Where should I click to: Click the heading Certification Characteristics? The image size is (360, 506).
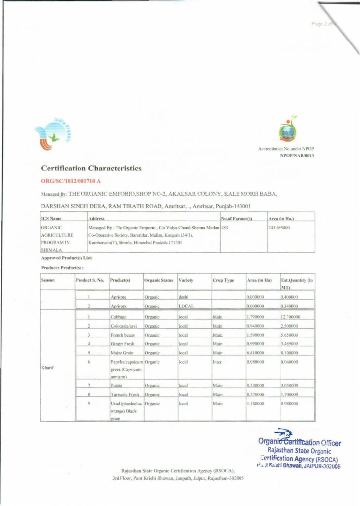(x=91, y=169)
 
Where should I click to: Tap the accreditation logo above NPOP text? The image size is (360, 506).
(x=287, y=130)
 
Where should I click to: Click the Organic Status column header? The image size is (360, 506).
(x=159, y=280)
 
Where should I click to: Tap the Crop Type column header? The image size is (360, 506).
(x=223, y=280)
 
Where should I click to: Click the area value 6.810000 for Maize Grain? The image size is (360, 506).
(x=256, y=352)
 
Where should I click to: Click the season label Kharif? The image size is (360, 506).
(x=48, y=367)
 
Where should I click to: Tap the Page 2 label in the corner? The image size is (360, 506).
(x=321, y=24)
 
